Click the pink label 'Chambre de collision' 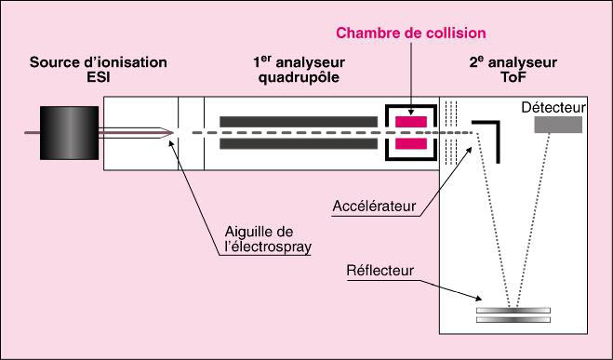411,33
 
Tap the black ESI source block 69,133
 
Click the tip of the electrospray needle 173,133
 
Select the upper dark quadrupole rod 299,122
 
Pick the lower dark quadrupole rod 299,144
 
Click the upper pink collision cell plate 411,122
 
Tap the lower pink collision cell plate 411,144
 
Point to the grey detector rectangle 558,125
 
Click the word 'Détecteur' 554,108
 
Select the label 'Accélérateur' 374,206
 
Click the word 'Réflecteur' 380,271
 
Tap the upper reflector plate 513,311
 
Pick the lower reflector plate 513,320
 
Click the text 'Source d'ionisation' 98,62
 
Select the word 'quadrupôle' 299,78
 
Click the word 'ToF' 513,77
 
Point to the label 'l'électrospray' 268,247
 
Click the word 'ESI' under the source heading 98,77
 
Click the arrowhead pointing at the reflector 478,299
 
